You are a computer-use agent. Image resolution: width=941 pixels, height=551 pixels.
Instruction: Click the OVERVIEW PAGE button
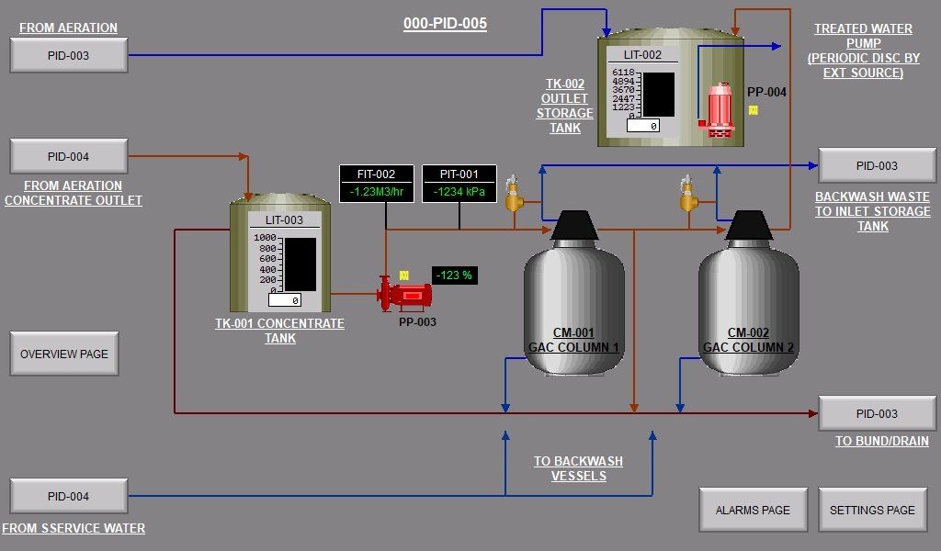coord(64,354)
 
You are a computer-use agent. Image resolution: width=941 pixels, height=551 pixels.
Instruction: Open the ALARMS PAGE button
coord(753,510)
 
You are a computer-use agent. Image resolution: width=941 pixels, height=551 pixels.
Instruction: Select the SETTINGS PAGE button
coord(872,510)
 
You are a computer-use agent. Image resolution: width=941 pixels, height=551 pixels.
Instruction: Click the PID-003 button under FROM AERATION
coord(69,55)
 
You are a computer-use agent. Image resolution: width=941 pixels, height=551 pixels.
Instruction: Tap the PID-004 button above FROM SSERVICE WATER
coord(69,496)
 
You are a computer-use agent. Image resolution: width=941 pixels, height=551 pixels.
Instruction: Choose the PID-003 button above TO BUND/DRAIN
coord(877,413)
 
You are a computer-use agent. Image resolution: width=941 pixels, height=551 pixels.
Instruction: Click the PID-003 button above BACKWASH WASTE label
coord(877,165)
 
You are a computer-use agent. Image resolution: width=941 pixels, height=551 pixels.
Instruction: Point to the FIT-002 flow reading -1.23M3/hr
coord(376,191)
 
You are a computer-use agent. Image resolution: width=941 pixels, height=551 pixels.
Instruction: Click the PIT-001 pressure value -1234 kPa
coord(459,191)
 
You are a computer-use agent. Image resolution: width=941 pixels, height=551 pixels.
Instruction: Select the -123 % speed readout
coord(454,275)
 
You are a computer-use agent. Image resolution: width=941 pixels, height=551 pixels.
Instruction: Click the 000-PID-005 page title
coord(445,24)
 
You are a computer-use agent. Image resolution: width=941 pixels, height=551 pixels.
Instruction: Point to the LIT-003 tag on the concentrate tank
coord(284,220)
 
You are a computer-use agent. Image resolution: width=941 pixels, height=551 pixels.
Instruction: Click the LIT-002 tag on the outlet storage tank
coord(642,55)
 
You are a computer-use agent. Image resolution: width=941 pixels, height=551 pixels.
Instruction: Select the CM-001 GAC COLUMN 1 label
coord(573,340)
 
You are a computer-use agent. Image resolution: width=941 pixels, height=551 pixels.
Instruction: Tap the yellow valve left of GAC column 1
coord(514,195)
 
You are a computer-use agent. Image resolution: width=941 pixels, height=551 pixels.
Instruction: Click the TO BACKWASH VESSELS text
coord(578,468)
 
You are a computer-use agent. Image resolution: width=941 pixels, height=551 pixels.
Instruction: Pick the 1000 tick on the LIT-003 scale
coord(265,238)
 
